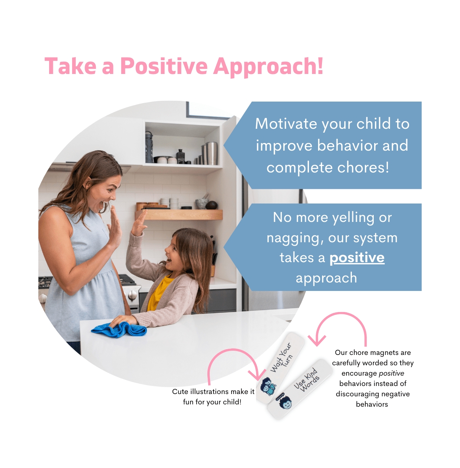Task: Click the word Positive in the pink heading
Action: click(164, 66)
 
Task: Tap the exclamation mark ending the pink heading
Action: click(320, 65)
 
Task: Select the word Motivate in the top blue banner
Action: click(286, 123)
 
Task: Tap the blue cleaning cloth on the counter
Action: click(119, 329)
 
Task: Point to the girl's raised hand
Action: click(139, 222)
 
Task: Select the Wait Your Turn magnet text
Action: click(281, 357)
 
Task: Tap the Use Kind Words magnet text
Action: click(306, 380)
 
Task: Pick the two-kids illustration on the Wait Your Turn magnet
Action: click(268, 386)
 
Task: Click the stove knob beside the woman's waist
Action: click(132, 295)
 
